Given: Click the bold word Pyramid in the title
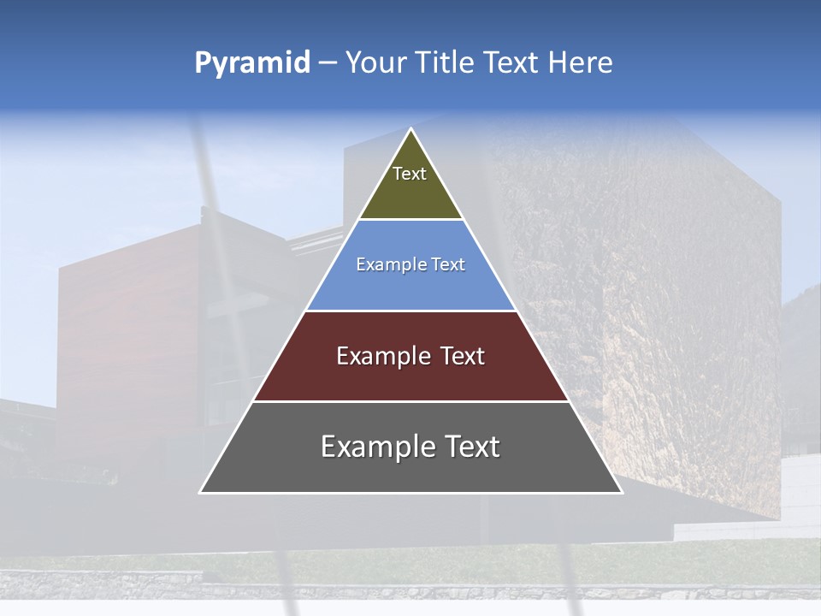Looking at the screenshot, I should tap(251, 63).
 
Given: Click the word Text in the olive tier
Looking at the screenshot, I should tap(410, 174).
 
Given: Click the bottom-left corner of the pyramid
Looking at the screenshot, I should tap(201, 492).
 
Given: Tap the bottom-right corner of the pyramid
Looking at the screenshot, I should tap(621, 492).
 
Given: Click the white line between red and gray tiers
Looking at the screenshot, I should tap(410, 401).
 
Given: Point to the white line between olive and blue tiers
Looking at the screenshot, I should tap(410, 220).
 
